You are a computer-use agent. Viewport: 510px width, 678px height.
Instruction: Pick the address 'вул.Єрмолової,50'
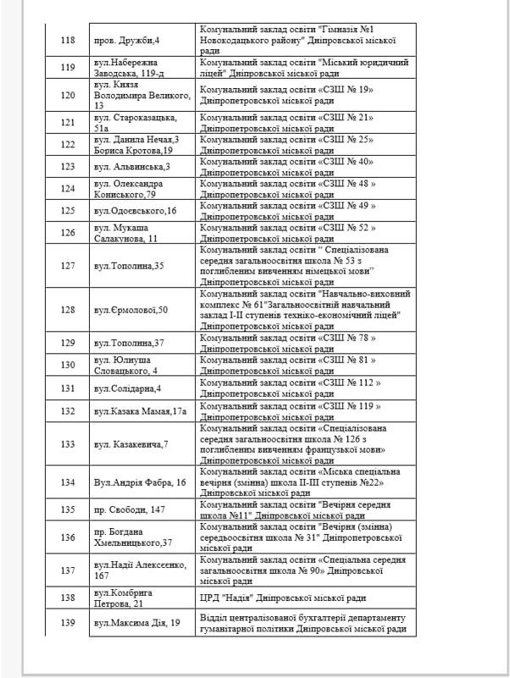[131, 310]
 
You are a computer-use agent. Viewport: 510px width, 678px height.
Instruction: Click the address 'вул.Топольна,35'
[129, 266]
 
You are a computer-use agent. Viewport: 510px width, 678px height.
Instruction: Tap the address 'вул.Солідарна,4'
[128, 388]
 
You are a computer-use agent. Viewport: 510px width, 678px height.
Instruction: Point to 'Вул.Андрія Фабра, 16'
[141, 482]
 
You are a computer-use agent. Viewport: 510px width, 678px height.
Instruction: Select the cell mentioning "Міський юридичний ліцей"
[303, 68]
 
